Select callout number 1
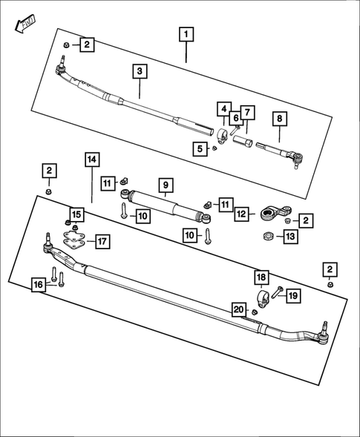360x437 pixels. tap(186, 34)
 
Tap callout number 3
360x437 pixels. tap(140, 72)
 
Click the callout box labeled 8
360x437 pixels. tap(279, 118)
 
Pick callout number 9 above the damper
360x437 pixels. tap(164, 184)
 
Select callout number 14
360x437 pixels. tap(91, 160)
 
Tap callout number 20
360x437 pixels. tap(238, 309)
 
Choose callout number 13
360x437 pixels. tap(290, 237)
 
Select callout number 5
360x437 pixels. tap(199, 149)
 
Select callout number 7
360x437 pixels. tap(247, 113)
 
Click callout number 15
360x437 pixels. tap(77, 214)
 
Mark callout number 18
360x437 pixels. tap(261, 277)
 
